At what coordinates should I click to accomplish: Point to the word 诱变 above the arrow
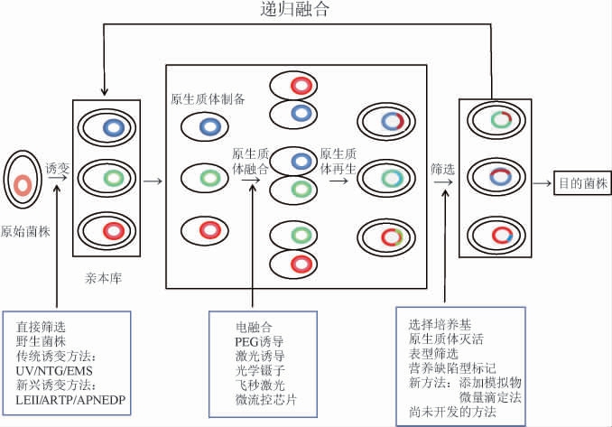(57, 166)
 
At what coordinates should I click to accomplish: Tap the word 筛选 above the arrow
(442, 169)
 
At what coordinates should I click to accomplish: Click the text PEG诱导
(259, 341)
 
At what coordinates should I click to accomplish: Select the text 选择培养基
(440, 325)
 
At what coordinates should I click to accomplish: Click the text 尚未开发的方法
(452, 413)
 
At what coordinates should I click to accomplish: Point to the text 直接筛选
(42, 326)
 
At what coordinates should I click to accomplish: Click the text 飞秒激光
(259, 385)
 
